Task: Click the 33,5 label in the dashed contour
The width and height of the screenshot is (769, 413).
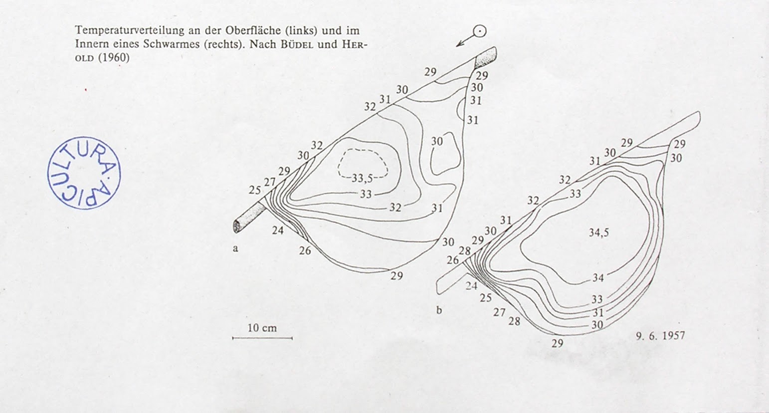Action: (362, 178)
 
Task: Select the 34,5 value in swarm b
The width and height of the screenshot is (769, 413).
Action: (598, 232)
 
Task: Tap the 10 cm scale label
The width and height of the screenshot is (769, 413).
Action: (262, 328)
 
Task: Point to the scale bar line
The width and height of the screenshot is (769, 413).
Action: (262, 338)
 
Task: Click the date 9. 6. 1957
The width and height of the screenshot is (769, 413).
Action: (660, 336)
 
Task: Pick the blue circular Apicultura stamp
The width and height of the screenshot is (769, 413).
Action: (84, 173)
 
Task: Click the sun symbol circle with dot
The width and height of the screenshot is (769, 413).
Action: (480, 31)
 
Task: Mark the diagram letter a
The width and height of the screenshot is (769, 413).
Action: (235, 248)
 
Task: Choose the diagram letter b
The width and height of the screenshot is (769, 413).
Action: (439, 310)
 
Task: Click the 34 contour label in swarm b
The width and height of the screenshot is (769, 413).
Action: (598, 278)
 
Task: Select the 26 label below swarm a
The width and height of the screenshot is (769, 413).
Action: (305, 250)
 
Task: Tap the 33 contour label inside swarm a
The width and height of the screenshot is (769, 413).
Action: (366, 194)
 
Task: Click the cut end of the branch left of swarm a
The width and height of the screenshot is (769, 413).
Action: (236, 226)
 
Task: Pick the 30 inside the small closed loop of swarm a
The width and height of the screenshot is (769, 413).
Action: (437, 142)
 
